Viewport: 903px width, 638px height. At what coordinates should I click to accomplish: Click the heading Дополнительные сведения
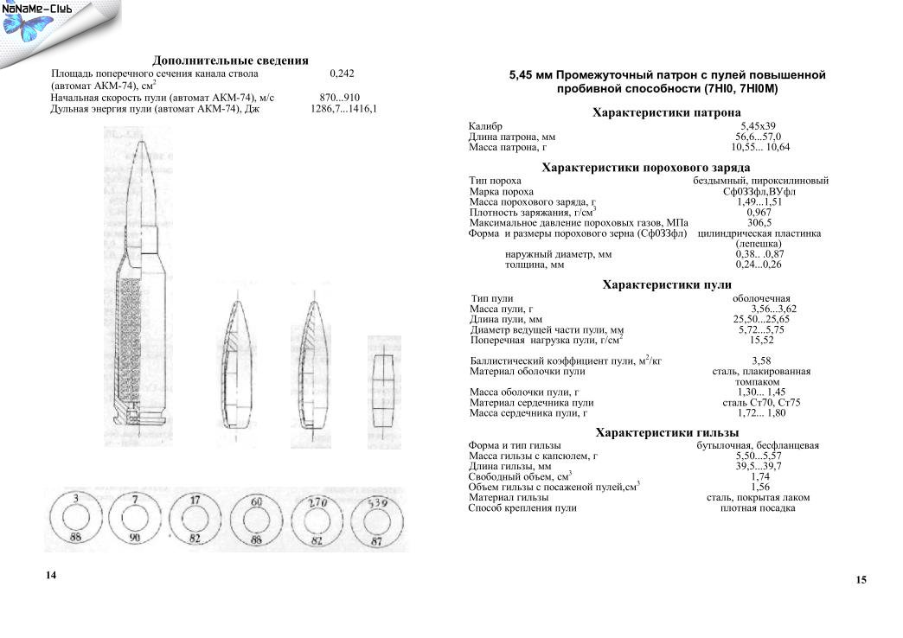[230, 61]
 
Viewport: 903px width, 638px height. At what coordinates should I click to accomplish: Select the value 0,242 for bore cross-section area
[343, 74]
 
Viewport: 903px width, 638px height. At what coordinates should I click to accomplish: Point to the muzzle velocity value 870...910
[340, 98]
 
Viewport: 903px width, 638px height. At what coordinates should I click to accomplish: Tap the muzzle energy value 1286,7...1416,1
[343, 110]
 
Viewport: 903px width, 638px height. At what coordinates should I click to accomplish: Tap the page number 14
[51, 575]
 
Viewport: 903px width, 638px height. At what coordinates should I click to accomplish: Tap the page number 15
[861, 580]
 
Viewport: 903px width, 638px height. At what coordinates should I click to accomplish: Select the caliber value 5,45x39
[758, 126]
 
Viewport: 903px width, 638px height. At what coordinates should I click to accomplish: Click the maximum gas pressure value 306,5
[759, 223]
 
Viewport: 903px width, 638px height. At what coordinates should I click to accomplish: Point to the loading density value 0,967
[759, 212]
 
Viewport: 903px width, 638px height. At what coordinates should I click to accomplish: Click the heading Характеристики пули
[666, 284]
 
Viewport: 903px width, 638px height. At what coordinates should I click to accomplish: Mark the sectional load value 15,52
[761, 341]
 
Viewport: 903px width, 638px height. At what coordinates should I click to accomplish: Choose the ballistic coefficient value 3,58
[761, 360]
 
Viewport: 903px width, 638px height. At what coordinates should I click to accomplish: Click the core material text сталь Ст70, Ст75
[761, 403]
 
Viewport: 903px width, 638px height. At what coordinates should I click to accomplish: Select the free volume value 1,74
[760, 476]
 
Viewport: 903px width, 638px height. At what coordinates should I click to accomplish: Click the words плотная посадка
[758, 508]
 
